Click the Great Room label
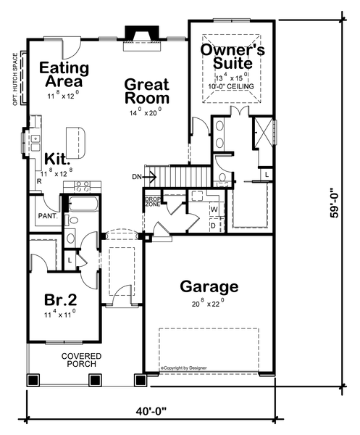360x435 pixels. click(x=147, y=91)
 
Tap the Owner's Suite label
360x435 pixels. click(x=232, y=59)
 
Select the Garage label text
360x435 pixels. click(x=209, y=286)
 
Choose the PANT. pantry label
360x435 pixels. click(x=49, y=215)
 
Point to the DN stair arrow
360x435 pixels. click(x=139, y=175)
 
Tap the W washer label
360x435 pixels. click(x=213, y=210)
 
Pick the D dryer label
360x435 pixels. click(x=212, y=225)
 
